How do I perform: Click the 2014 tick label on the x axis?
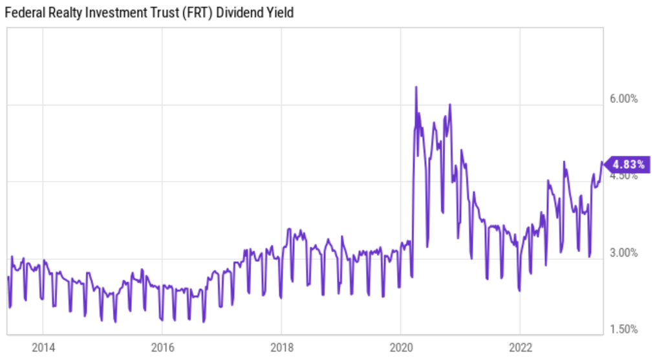click(x=42, y=347)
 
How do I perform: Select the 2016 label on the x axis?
click(x=162, y=347)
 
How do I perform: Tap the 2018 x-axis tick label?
click(x=281, y=347)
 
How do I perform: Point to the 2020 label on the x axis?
click(x=401, y=347)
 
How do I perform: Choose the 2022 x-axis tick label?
click(x=521, y=347)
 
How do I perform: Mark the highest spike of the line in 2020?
click(x=416, y=87)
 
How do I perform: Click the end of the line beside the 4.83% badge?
click(x=602, y=163)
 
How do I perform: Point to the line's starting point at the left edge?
click(x=8, y=277)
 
